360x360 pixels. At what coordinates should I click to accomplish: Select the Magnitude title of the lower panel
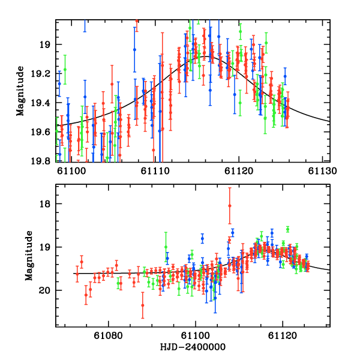pyautogui.click(x=29, y=256)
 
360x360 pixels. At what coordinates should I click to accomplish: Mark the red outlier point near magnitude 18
pyautogui.click(x=229, y=206)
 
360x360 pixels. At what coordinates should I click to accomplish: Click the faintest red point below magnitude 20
pyautogui.click(x=143, y=305)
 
